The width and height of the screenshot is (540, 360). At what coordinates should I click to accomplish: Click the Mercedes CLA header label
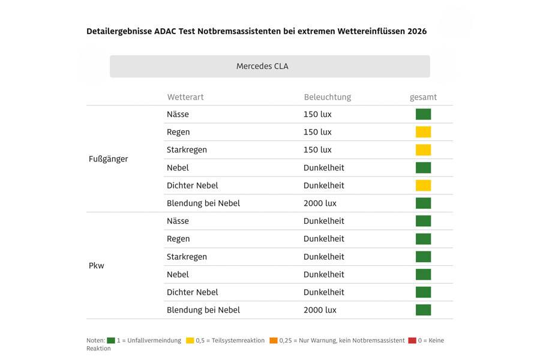[x=262, y=66]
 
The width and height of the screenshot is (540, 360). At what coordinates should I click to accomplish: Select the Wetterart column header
[x=185, y=97]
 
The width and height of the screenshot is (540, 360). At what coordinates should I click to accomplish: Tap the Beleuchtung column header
[x=327, y=97]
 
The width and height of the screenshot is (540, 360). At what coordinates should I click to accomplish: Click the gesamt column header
[x=423, y=97]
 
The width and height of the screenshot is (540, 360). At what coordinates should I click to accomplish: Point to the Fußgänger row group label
[x=108, y=159]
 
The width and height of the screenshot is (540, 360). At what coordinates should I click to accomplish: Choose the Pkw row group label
[x=96, y=265]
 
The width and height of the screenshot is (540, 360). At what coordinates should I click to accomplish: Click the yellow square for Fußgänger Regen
[x=423, y=132]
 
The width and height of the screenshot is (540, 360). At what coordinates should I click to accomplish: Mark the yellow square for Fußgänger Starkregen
[x=423, y=150]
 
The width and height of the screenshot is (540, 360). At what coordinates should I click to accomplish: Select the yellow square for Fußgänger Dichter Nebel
[x=423, y=185]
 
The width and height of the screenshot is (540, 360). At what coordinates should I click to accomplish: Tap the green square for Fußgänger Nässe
[x=423, y=114]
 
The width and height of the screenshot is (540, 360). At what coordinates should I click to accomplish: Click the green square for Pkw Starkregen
[x=423, y=257]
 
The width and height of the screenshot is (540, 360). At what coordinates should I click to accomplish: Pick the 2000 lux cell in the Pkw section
[x=320, y=310]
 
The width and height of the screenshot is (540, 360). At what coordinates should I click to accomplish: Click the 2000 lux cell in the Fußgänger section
[x=320, y=203]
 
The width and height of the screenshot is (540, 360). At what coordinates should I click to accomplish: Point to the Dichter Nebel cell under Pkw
[x=192, y=292]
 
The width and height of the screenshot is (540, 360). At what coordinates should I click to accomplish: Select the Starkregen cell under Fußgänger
[x=187, y=150]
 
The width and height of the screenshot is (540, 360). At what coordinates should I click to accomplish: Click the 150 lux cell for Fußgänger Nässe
[x=317, y=114]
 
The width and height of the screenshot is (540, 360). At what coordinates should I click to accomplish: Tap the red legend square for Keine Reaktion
[x=412, y=340]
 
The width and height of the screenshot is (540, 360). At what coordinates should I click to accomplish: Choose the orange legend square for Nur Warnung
[x=274, y=340]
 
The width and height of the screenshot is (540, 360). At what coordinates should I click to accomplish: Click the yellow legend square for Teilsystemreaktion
[x=190, y=340]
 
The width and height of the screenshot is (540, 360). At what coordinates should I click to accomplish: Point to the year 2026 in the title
[x=416, y=31]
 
